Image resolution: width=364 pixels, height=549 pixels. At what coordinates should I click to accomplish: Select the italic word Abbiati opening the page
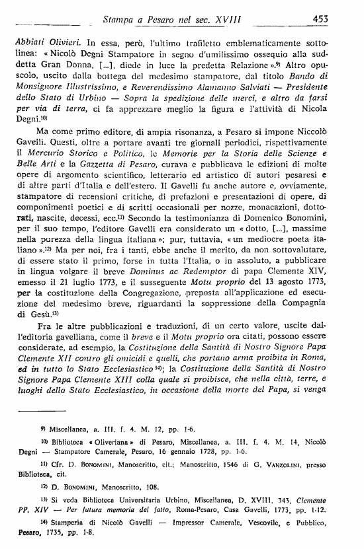tap(32, 40)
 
